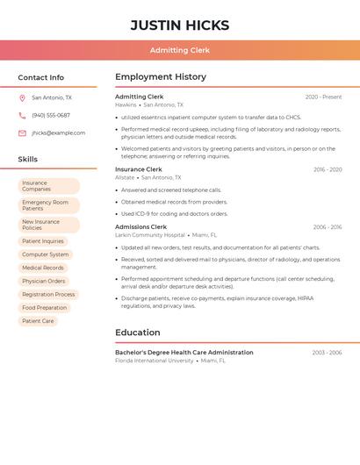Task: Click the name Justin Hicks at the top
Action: (180, 25)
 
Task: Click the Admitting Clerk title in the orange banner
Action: (180, 50)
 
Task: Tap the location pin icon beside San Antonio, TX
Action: (22, 98)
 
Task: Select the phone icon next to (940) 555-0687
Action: (22, 116)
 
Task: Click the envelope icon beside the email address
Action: (22, 133)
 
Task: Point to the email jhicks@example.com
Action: (58, 133)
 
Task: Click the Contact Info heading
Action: (41, 77)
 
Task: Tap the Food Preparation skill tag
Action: (45, 308)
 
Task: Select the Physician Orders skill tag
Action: (44, 282)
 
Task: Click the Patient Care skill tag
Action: (38, 321)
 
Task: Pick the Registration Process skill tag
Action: (49, 295)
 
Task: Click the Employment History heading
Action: (161, 77)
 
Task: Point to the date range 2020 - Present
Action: (323, 97)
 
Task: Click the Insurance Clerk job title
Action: (139, 169)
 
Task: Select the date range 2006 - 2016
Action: (328, 227)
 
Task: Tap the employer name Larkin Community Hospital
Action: (150, 235)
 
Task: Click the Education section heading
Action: (138, 333)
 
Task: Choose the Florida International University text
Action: (155, 361)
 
